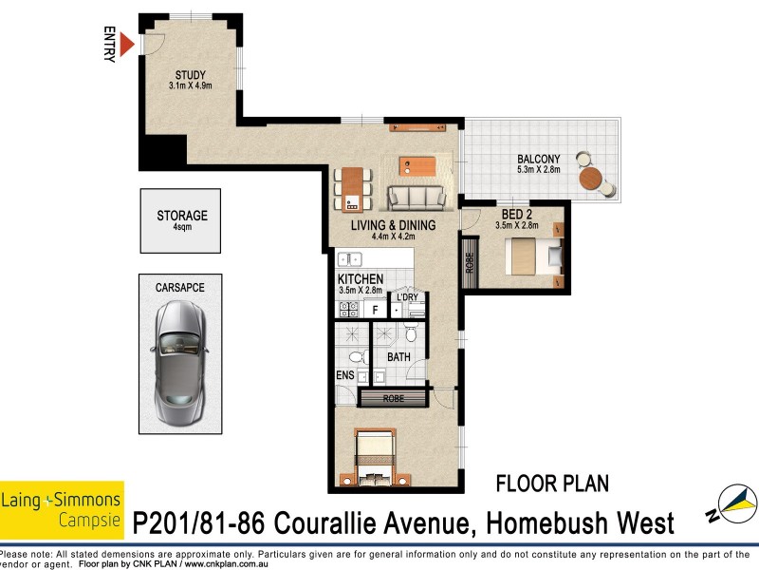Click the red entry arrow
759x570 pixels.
click(127, 44)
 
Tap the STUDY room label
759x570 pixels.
click(190, 76)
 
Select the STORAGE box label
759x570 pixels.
click(182, 217)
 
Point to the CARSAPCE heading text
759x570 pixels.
click(179, 286)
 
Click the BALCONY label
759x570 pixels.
click(539, 159)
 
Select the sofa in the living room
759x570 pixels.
click(416, 198)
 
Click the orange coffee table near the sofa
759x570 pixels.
click(417, 165)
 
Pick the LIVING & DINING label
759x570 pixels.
click(393, 226)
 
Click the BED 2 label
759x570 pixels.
click(519, 215)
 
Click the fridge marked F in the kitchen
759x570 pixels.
click(376, 310)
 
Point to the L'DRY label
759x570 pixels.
click(408, 297)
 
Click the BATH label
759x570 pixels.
click(398, 358)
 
